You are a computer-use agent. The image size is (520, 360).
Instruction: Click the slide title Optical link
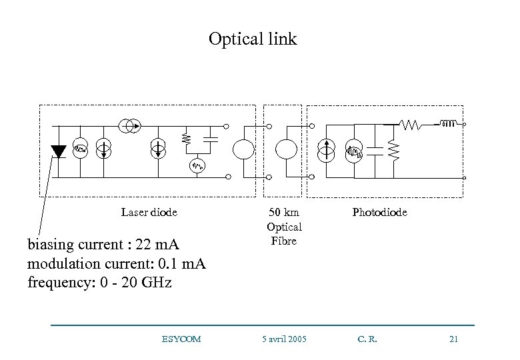(x=253, y=39)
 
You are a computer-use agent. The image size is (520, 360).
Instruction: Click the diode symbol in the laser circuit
(x=59, y=151)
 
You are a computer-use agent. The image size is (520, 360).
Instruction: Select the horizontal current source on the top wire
(x=129, y=125)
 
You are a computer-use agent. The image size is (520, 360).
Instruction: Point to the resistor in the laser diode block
(x=186, y=139)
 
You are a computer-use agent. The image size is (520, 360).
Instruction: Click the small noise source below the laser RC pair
(x=197, y=165)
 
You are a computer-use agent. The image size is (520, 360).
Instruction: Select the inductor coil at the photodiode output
(x=448, y=123)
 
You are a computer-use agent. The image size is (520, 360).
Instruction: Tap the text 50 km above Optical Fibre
(x=283, y=213)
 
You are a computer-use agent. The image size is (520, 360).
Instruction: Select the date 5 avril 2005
(x=283, y=339)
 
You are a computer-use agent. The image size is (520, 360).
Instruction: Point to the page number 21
(x=454, y=339)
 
